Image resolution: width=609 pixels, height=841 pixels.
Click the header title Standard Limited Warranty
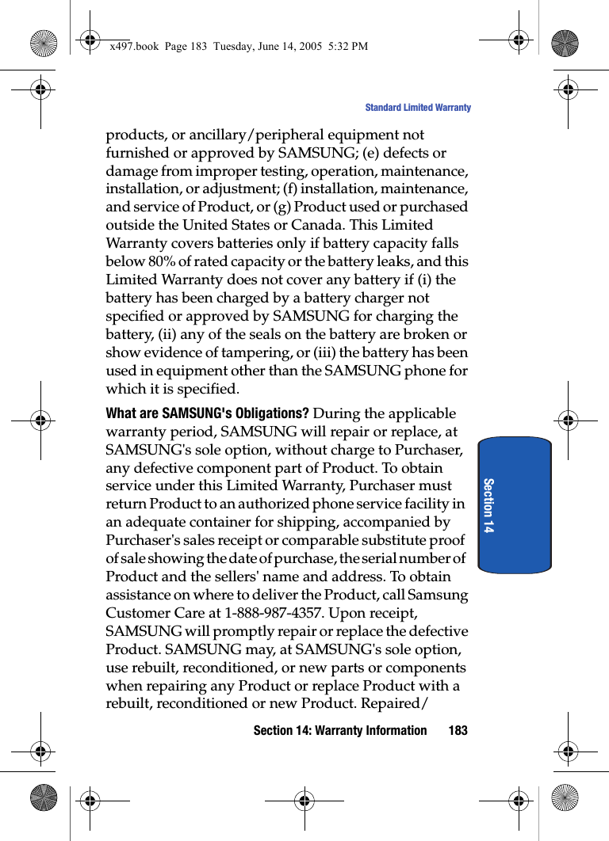417,108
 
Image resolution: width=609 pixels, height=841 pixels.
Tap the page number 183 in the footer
458,730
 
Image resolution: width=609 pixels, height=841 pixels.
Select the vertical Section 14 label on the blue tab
488,505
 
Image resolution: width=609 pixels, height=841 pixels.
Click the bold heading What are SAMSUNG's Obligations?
207,413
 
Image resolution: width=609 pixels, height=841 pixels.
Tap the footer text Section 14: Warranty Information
339,730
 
